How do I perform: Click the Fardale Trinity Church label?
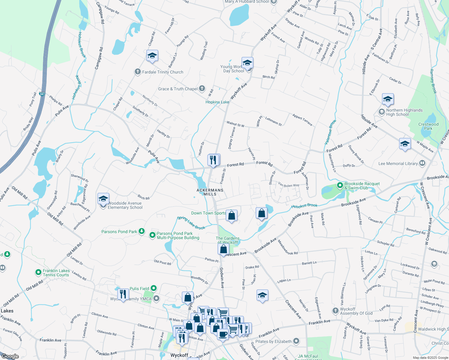pyautogui.click(x=162, y=72)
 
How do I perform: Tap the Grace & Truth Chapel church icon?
pyautogui.click(x=202, y=88)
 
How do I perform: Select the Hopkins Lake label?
pyautogui.click(x=217, y=102)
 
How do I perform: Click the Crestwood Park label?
pyautogui.click(x=428, y=126)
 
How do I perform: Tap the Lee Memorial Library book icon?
pyautogui.click(x=422, y=163)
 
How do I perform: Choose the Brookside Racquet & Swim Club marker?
pyautogui.click(x=340, y=185)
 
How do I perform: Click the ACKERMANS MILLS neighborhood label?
pyautogui.click(x=210, y=192)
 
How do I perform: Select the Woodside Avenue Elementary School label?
pyautogui.click(x=125, y=205)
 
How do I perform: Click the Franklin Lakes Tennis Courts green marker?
pyautogui.click(x=38, y=272)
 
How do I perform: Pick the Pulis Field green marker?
pyautogui.click(x=154, y=289)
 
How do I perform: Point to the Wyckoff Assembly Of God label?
pyautogui.click(x=356, y=311)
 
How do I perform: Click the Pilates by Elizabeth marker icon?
pyautogui.click(x=296, y=341)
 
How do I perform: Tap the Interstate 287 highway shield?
pyautogui.click(x=42, y=94)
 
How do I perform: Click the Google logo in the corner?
pyautogui.click(x=10, y=356)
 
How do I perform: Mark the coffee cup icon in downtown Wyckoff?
pyautogui.click(x=223, y=334)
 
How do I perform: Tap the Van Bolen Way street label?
pyautogui.click(x=288, y=185)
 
